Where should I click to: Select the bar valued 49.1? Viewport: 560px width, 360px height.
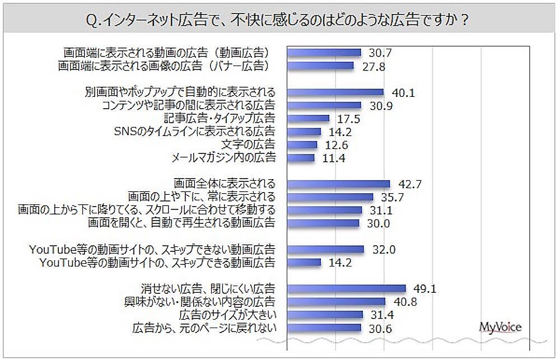(x=347, y=289)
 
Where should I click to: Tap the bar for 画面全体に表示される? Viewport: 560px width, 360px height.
(x=339, y=184)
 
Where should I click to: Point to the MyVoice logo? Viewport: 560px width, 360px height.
(x=500, y=327)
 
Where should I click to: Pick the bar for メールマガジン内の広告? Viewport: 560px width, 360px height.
(x=301, y=158)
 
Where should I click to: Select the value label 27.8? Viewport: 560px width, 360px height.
(x=374, y=66)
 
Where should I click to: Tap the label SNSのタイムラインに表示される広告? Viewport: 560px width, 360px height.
(x=195, y=132)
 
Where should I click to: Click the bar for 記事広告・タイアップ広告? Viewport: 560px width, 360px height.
(x=309, y=119)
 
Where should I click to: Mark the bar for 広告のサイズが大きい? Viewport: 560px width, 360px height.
(x=325, y=315)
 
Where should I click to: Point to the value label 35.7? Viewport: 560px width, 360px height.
(x=393, y=197)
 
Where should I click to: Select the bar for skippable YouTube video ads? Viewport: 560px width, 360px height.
(x=305, y=262)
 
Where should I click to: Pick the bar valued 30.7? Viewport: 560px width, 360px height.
(x=324, y=53)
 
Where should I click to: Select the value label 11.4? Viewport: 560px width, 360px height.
(x=334, y=158)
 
